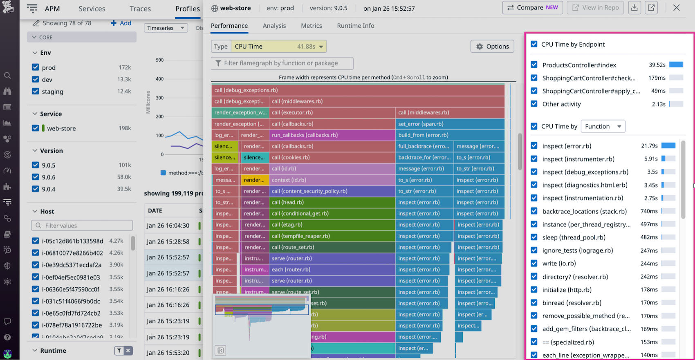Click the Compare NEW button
coord(532,8)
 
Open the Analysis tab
coord(274,26)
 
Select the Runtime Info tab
coord(355,26)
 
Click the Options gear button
coord(492,47)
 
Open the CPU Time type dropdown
coord(278,47)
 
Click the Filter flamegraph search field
coord(282,63)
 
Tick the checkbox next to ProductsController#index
coord(534,65)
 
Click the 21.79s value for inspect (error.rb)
coord(649,146)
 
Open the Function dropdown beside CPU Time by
coord(603,126)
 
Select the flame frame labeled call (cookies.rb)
coord(332,157)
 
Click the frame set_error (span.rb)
coord(450,124)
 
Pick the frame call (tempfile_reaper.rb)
coord(332,236)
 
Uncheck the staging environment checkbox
coord(36,92)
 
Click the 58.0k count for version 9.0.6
coord(124,177)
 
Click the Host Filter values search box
coord(82,226)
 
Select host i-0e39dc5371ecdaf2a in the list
coord(72,265)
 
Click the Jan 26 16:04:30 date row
coord(168,226)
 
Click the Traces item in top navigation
coord(140,9)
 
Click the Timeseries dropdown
coord(166,28)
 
